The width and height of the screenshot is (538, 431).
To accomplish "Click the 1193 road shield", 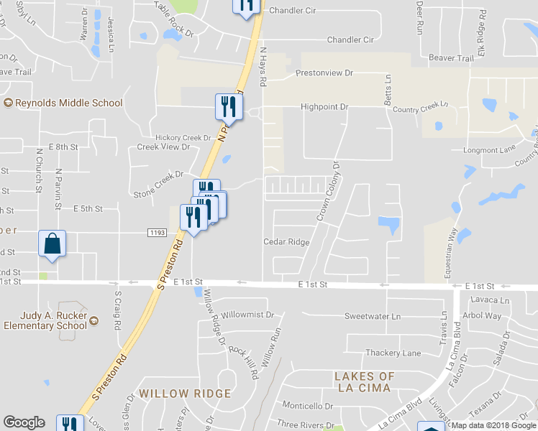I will click(158, 233).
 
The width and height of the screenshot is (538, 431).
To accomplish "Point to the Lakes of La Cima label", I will click(365, 382).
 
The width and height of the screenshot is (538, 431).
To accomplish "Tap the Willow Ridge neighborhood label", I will click(186, 394).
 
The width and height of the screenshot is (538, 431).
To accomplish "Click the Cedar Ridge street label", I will click(286, 242).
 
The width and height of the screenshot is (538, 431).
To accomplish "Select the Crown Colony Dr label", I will click(329, 191).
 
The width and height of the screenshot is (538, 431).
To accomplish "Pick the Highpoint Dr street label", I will click(324, 107).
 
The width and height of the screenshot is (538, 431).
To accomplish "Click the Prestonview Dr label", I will click(324, 73).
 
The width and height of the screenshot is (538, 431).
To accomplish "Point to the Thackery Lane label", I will click(393, 353).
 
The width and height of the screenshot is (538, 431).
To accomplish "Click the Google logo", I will click(24, 422).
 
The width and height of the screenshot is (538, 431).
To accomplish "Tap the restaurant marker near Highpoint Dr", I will click(226, 107).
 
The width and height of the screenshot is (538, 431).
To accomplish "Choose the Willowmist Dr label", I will click(248, 315).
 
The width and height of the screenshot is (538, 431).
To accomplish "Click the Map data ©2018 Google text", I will click(493, 425).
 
